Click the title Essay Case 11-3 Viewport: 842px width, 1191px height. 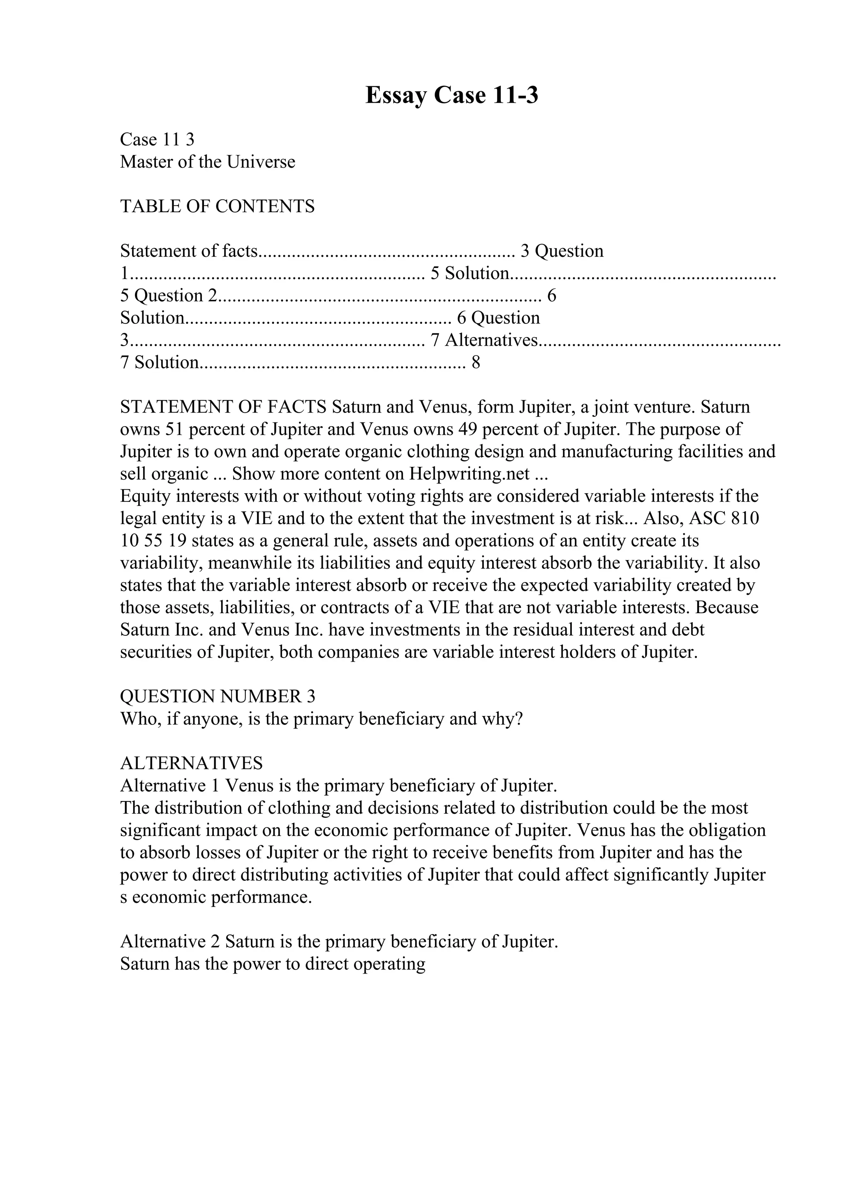pos(451,95)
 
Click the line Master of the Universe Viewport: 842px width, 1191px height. pos(208,162)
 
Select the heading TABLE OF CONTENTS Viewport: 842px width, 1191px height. pos(217,206)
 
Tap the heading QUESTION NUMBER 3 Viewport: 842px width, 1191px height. pos(217,696)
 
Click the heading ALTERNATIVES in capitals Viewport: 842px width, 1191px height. pos(192,763)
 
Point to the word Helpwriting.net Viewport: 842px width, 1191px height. pos(469,473)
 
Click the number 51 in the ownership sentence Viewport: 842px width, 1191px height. pos(174,429)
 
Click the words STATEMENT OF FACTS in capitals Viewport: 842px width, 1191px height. pos(224,407)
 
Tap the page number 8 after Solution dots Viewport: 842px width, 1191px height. pos(476,362)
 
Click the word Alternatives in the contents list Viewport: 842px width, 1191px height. pos(492,340)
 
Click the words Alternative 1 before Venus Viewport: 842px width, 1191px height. pos(171,785)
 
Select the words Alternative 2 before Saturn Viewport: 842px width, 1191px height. pos(171,942)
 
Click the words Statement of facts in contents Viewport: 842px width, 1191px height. pos(189,251)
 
